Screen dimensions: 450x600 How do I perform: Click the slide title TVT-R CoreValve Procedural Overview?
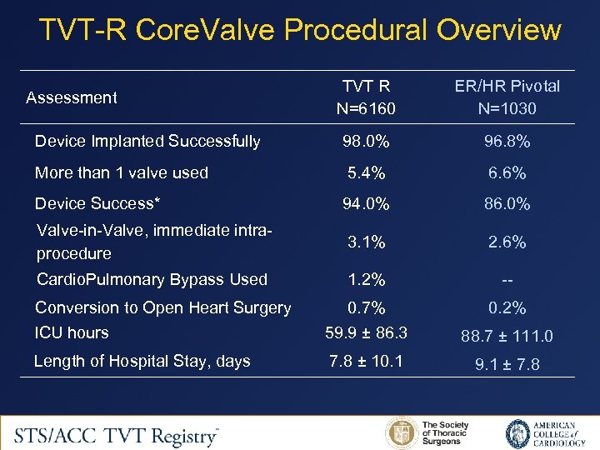click(300, 31)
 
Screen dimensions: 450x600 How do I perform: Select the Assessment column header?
click(71, 97)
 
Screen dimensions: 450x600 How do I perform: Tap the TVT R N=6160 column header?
click(366, 97)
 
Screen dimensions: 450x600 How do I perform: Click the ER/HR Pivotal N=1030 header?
click(507, 97)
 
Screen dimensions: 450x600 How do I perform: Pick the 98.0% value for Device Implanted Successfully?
click(366, 142)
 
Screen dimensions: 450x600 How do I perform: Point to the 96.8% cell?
click(507, 142)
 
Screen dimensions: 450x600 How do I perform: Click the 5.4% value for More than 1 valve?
click(366, 173)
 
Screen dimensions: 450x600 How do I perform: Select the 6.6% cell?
click(507, 173)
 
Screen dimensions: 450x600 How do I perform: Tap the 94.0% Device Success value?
click(366, 203)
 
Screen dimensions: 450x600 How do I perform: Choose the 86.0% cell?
click(507, 203)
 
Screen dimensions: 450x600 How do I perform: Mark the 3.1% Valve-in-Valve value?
click(366, 242)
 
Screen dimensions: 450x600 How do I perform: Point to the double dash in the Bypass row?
click(507, 280)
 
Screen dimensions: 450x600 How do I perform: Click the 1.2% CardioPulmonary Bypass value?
click(366, 280)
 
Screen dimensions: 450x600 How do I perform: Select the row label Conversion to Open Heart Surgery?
click(162, 307)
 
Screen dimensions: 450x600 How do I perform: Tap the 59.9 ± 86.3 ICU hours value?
click(366, 332)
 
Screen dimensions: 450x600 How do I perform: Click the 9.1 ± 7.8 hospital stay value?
click(507, 364)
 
